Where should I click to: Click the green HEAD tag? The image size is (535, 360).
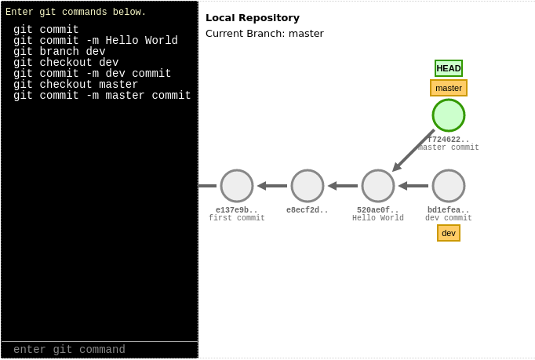449,68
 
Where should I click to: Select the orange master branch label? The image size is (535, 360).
449,88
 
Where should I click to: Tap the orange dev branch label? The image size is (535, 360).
449,233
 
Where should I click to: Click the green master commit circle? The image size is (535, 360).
449,115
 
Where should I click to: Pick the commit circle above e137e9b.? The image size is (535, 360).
237,186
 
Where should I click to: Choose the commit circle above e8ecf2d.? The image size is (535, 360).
308,186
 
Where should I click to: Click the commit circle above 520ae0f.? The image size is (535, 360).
378,186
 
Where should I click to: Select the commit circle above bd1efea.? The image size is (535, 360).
449,186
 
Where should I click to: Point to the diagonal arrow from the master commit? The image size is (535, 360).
413,151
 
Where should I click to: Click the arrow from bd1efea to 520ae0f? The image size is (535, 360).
413,186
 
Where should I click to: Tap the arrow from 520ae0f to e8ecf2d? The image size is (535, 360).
343,186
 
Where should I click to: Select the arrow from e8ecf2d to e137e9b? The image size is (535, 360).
272,186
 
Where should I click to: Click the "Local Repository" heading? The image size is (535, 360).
253,17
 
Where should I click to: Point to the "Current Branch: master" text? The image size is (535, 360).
264,33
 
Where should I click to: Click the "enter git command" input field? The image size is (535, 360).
100,350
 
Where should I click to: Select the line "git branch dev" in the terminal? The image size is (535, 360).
60,52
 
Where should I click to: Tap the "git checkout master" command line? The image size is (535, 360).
76,85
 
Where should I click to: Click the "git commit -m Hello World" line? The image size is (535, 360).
96,41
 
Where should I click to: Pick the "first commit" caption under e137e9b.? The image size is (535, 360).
237,219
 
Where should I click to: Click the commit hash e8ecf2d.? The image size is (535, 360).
308,210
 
